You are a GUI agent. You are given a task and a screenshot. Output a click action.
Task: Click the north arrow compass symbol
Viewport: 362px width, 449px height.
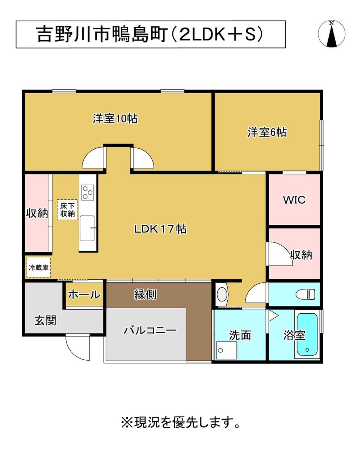[x=332, y=34]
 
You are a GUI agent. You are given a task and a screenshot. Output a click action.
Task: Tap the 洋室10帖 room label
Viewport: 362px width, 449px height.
[x=115, y=119]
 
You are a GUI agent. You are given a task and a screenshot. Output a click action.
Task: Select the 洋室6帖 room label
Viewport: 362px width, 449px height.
[x=267, y=132]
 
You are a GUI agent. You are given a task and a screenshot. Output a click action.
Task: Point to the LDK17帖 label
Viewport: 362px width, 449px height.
[x=160, y=229]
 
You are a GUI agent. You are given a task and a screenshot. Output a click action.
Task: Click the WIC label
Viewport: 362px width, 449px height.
[x=294, y=200]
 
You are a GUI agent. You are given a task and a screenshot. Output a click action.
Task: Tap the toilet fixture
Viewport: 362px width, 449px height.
[x=306, y=294]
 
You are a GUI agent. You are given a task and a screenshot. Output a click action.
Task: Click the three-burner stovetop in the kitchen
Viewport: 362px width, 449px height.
[x=88, y=192]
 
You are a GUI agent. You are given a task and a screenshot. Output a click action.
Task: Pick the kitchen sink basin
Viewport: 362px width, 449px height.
[x=87, y=228]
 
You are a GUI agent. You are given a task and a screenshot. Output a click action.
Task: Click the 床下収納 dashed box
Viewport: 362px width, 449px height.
[x=67, y=210]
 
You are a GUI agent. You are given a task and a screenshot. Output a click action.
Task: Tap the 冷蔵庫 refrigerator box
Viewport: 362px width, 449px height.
[x=39, y=267]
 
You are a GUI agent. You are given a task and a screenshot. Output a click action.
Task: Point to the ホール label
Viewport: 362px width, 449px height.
[x=84, y=295]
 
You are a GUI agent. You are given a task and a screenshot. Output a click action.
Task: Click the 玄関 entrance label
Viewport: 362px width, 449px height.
[x=45, y=320]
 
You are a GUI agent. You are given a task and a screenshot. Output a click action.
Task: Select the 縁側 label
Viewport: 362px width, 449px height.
[x=145, y=295]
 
